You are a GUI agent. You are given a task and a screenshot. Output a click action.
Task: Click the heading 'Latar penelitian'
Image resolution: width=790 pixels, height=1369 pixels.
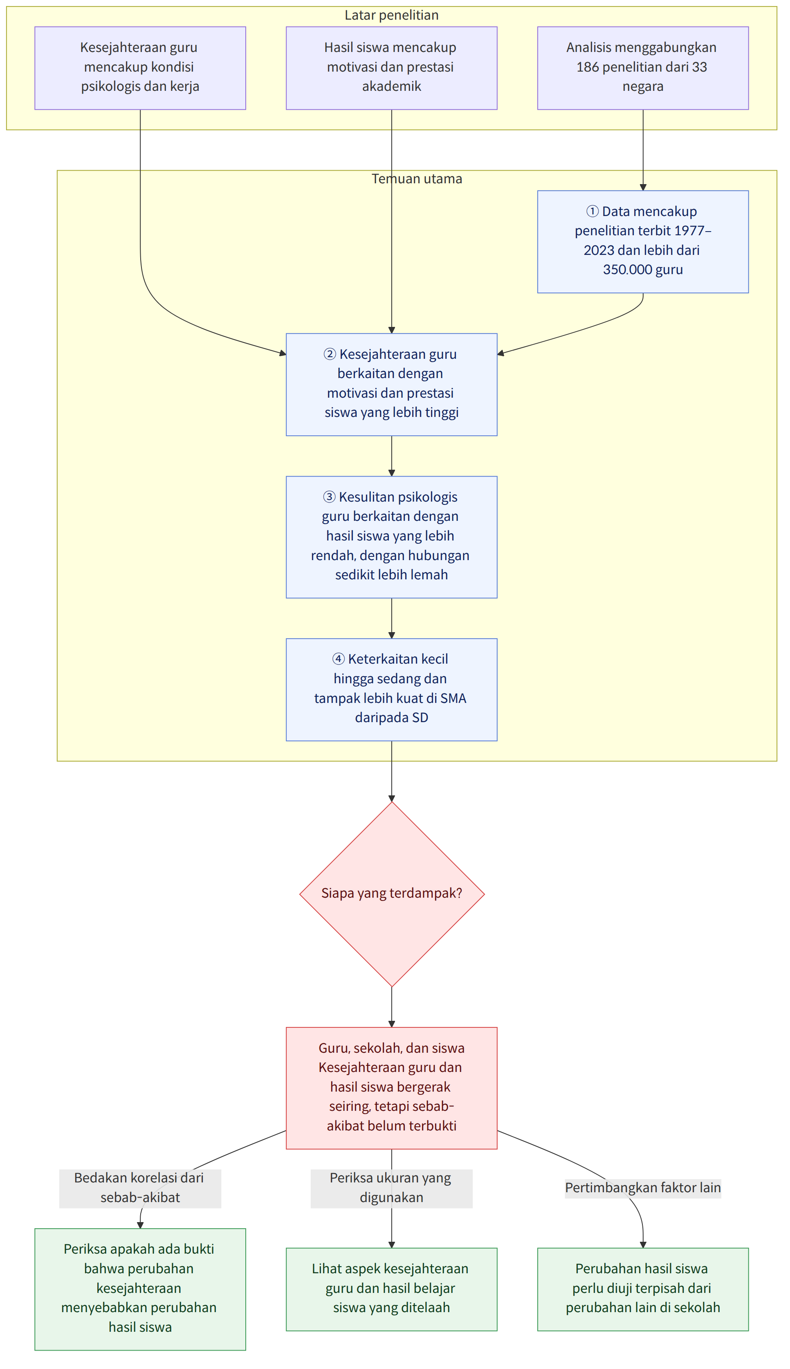tap(391, 15)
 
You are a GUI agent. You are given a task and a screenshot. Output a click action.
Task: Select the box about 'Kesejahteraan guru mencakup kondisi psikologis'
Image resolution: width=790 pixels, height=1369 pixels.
tap(140, 68)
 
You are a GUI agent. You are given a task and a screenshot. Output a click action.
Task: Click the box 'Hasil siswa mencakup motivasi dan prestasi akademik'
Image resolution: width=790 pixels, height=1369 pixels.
tap(391, 68)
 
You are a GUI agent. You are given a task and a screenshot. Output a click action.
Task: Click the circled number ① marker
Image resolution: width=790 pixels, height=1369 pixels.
tap(592, 211)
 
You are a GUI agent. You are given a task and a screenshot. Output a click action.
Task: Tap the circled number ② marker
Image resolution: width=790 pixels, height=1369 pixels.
tap(330, 354)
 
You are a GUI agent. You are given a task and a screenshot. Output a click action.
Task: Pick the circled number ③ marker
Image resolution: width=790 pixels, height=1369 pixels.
tap(329, 497)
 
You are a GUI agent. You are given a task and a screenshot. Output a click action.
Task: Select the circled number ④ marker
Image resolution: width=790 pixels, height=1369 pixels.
tap(339, 659)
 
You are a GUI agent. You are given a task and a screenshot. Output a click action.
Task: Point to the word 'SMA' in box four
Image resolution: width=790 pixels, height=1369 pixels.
tap(453, 698)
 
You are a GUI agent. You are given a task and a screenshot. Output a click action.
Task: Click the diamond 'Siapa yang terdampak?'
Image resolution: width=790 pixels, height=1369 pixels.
tap(392, 894)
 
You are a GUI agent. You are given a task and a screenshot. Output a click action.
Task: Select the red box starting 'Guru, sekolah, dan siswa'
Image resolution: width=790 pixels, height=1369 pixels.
tap(392, 1088)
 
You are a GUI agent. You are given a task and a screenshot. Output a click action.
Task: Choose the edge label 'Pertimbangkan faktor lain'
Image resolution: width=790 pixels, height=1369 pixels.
tap(643, 1188)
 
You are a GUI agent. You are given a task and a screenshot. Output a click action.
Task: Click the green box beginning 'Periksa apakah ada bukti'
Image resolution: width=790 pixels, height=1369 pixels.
tap(140, 1289)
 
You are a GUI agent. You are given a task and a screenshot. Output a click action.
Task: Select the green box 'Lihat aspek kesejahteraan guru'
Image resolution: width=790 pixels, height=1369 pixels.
tap(392, 1289)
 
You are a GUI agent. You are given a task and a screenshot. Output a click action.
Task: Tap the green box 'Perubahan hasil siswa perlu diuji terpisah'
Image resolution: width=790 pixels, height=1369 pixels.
tap(643, 1289)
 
